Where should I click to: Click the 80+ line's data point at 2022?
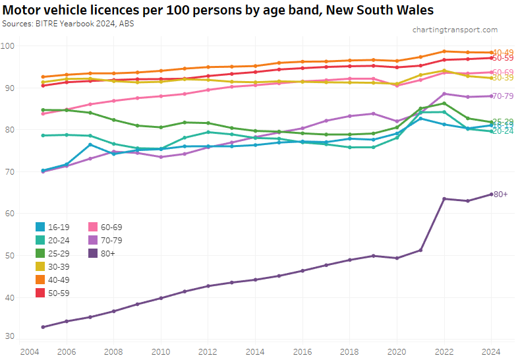click(444, 198)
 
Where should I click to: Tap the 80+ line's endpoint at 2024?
click(491, 194)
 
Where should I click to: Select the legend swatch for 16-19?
click(40, 227)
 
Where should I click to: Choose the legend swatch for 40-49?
click(40, 280)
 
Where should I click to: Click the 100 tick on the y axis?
click(8, 45)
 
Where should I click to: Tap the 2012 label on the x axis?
click(208, 351)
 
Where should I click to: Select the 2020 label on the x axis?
click(397, 351)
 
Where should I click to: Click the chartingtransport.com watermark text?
click(455, 30)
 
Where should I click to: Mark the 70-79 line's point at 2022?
click(444, 94)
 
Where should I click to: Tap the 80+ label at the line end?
click(501, 195)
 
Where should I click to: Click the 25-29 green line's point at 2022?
click(444, 103)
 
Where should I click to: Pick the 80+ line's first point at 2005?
click(43, 327)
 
